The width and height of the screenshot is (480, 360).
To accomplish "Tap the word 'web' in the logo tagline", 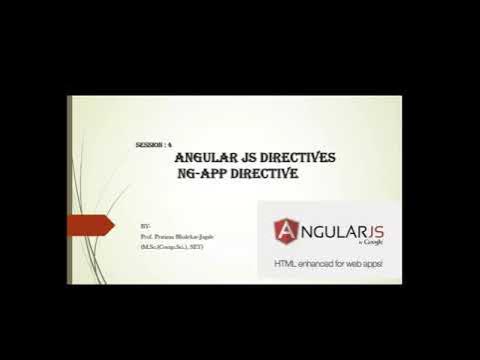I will tap(350, 265).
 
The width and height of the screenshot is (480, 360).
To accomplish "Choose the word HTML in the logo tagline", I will tap(285, 265).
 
